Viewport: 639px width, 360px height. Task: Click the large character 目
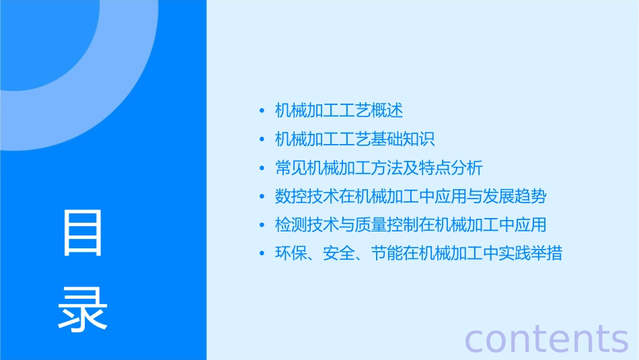[x=83, y=232]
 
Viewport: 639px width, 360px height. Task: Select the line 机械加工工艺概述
[x=339, y=110]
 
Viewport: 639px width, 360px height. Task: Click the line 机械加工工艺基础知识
[x=355, y=139]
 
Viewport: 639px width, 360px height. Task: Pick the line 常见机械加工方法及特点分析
[x=379, y=168]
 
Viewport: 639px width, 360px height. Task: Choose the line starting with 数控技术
[x=410, y=196]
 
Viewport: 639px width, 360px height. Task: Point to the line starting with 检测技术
[x=410, y=225]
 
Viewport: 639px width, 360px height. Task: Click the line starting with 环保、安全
[x=418, y=254]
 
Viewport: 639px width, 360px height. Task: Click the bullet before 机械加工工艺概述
[x=262, y=111]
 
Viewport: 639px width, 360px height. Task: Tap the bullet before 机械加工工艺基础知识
[x=262, y=140]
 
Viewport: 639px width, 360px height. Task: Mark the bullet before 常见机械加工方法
[x=262, y=168]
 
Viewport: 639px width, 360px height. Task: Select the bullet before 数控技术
[x=262, y=197]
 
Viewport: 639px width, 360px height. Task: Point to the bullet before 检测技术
[x=262, y=225]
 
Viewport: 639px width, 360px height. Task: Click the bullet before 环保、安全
[x=262, y=254]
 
